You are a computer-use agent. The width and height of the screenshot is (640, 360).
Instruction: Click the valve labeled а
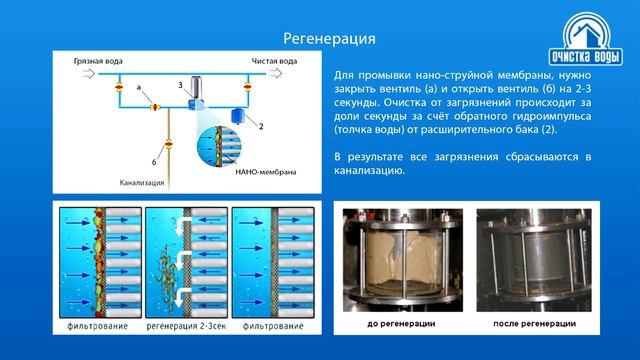click(155, 106)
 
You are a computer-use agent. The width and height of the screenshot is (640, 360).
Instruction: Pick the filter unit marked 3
click(194, 93)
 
